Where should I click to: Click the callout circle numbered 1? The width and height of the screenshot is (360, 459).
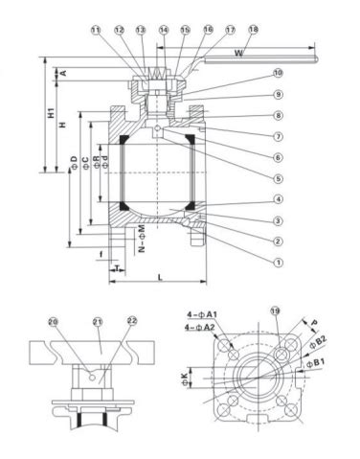279,260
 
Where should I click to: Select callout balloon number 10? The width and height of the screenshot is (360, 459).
279,73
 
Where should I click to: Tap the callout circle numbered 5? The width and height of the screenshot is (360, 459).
279,177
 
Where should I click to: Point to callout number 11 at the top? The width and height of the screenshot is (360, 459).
95,30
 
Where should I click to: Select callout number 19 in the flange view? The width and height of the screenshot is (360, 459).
275,313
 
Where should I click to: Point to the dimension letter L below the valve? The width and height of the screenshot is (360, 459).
158,277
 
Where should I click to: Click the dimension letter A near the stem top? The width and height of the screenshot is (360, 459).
63,73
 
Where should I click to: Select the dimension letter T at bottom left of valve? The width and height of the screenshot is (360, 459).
114,268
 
